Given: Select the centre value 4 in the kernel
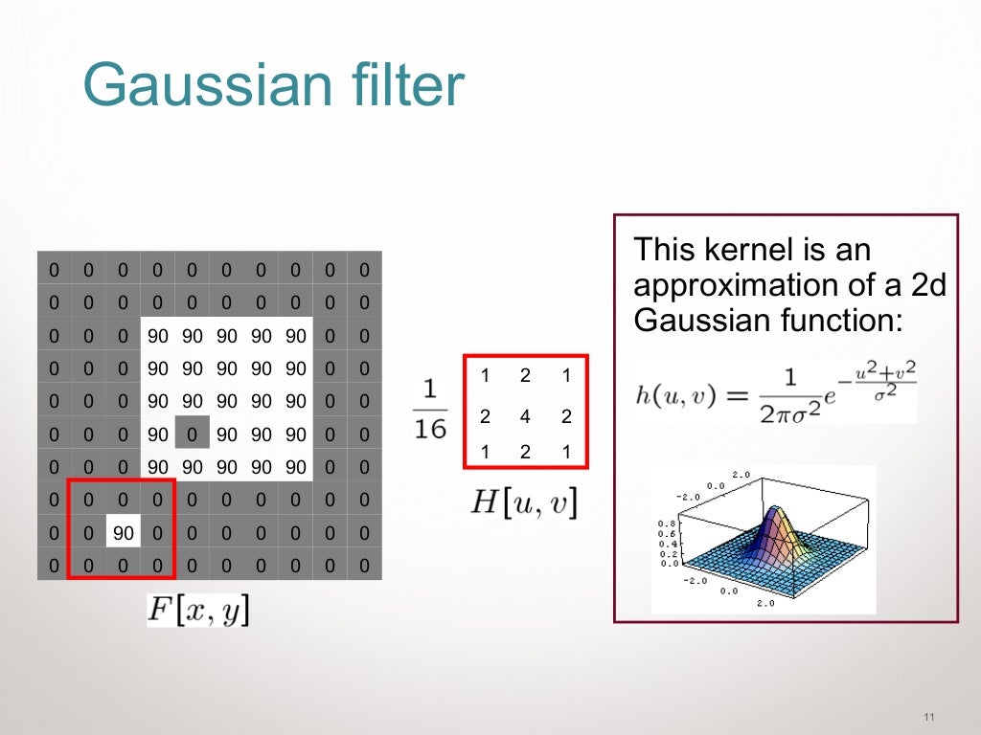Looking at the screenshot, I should [525, 416].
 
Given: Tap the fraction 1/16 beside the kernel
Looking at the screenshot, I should [431, 409].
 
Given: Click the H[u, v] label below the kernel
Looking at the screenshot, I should [524, 502].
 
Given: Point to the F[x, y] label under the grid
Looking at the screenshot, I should [198, 610].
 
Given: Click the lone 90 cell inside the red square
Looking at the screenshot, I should [123, 532].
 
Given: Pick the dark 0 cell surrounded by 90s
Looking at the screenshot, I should [192, 435].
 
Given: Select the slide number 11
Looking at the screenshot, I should [928, 719].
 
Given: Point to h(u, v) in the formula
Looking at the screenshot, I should [675, 396].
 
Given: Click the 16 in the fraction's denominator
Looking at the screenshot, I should [431, 428].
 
